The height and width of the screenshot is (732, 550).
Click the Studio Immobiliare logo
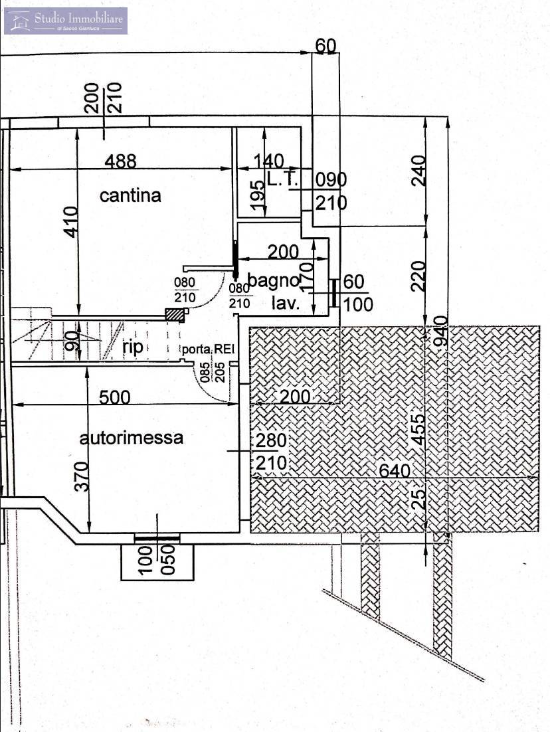click(65, 21)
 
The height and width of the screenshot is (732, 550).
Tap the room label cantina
click(130, 195)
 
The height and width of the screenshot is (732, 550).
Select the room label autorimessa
click(132, 438)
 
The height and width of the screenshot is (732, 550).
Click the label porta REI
click(210, 349)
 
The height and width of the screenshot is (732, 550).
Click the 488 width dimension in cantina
click(120, 161)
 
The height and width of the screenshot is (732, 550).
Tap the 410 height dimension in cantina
click(71, 220)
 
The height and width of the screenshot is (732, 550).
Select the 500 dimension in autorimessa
click(114, 397)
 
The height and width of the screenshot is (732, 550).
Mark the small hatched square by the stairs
click(175, 315)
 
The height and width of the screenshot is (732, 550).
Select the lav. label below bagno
click(286, 304)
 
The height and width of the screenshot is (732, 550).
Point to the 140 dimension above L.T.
click(268, 161)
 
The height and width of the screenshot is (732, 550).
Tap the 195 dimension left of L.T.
click(258, 191)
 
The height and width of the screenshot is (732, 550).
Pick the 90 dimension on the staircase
click(74, 340)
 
